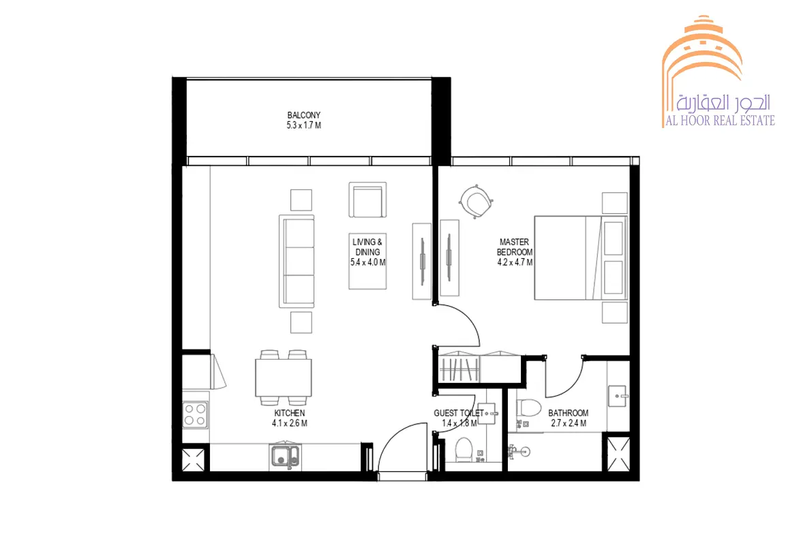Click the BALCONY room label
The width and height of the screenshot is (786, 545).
[304, 115]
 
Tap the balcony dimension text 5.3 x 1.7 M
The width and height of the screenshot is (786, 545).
[304, 125]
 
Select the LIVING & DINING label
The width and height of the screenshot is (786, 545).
[367, 247]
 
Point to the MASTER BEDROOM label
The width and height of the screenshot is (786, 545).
[515, 247]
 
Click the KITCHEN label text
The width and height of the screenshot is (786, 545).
[289, 414]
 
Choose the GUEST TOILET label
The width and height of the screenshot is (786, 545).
[459, 414]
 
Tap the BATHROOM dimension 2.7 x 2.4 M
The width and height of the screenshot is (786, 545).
[569, 423]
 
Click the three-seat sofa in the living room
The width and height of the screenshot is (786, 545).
[297, 262]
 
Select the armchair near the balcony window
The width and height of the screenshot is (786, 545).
[367, 200]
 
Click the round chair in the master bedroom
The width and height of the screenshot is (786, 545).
[475, 202]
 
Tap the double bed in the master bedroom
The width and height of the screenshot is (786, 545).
[581, 258]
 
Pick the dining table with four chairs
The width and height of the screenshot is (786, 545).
[283, 377]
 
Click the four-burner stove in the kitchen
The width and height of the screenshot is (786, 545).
[195, 415]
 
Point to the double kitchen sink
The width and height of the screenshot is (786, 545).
[286, 456]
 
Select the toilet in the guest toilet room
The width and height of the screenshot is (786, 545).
[464, 450]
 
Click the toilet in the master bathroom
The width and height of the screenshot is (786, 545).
[528, 408]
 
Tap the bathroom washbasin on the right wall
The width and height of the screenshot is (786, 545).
[618, 396]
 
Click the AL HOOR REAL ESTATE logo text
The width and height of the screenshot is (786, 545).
[720, 121]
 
